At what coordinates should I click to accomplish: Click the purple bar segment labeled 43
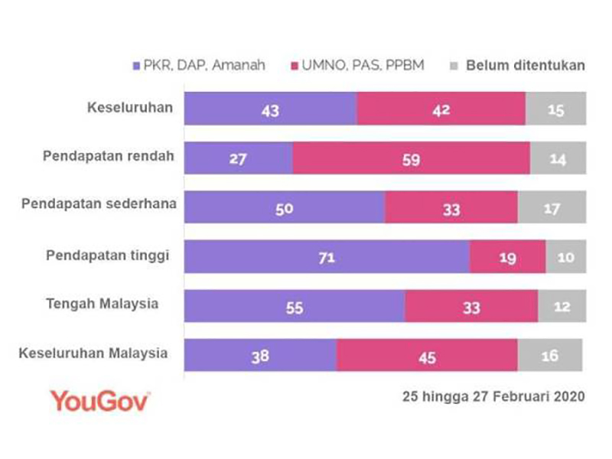[x=270, y=109]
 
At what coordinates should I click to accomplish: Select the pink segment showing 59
[x=411, y=158]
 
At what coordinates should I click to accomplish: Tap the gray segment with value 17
[x=552, y=207]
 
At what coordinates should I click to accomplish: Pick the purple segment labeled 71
[x=327, y=257]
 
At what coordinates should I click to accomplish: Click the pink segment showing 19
[x=507, y=257]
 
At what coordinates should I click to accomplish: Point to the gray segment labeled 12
[x=562, y=307]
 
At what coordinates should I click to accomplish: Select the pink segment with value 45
[x=427, y=356]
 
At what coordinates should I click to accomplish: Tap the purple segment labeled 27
[x=238, y=158]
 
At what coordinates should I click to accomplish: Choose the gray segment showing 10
[x=565, y=257]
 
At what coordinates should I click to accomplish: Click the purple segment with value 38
[x=260, y=356]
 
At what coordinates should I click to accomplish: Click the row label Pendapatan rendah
[x=108, y=156]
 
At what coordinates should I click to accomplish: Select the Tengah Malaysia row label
[x=112, y=304]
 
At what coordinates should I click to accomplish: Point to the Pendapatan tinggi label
[x=107, y=255]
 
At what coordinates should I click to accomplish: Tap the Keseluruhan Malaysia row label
[x=93, y=353]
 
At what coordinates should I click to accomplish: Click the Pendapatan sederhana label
[x=99, y=205]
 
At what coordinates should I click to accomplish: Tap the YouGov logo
[x=99, y=400]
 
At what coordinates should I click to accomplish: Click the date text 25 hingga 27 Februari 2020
[x=493, y=397]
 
